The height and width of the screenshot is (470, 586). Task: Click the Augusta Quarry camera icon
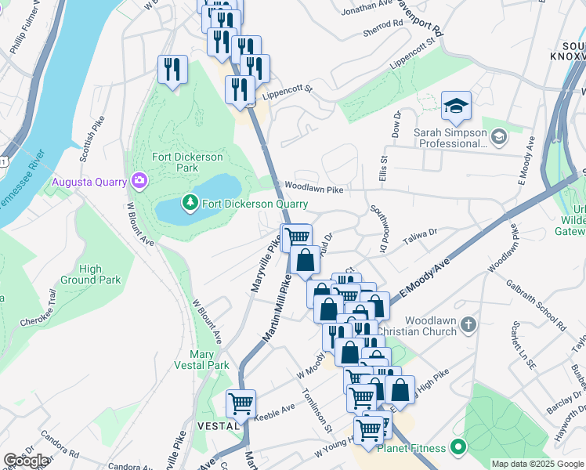139,182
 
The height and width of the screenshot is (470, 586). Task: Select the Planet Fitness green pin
458,449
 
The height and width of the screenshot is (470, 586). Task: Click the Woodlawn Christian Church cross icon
468,324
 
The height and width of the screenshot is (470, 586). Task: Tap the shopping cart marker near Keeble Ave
241,404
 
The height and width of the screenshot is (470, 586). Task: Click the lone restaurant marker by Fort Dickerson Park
172,70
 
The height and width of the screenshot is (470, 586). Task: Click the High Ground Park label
91,274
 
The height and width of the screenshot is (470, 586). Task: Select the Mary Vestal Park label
202,360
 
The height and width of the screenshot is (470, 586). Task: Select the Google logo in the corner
26,461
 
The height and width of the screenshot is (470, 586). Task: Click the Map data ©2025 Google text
537,464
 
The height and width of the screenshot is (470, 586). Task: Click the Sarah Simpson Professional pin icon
498,139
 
